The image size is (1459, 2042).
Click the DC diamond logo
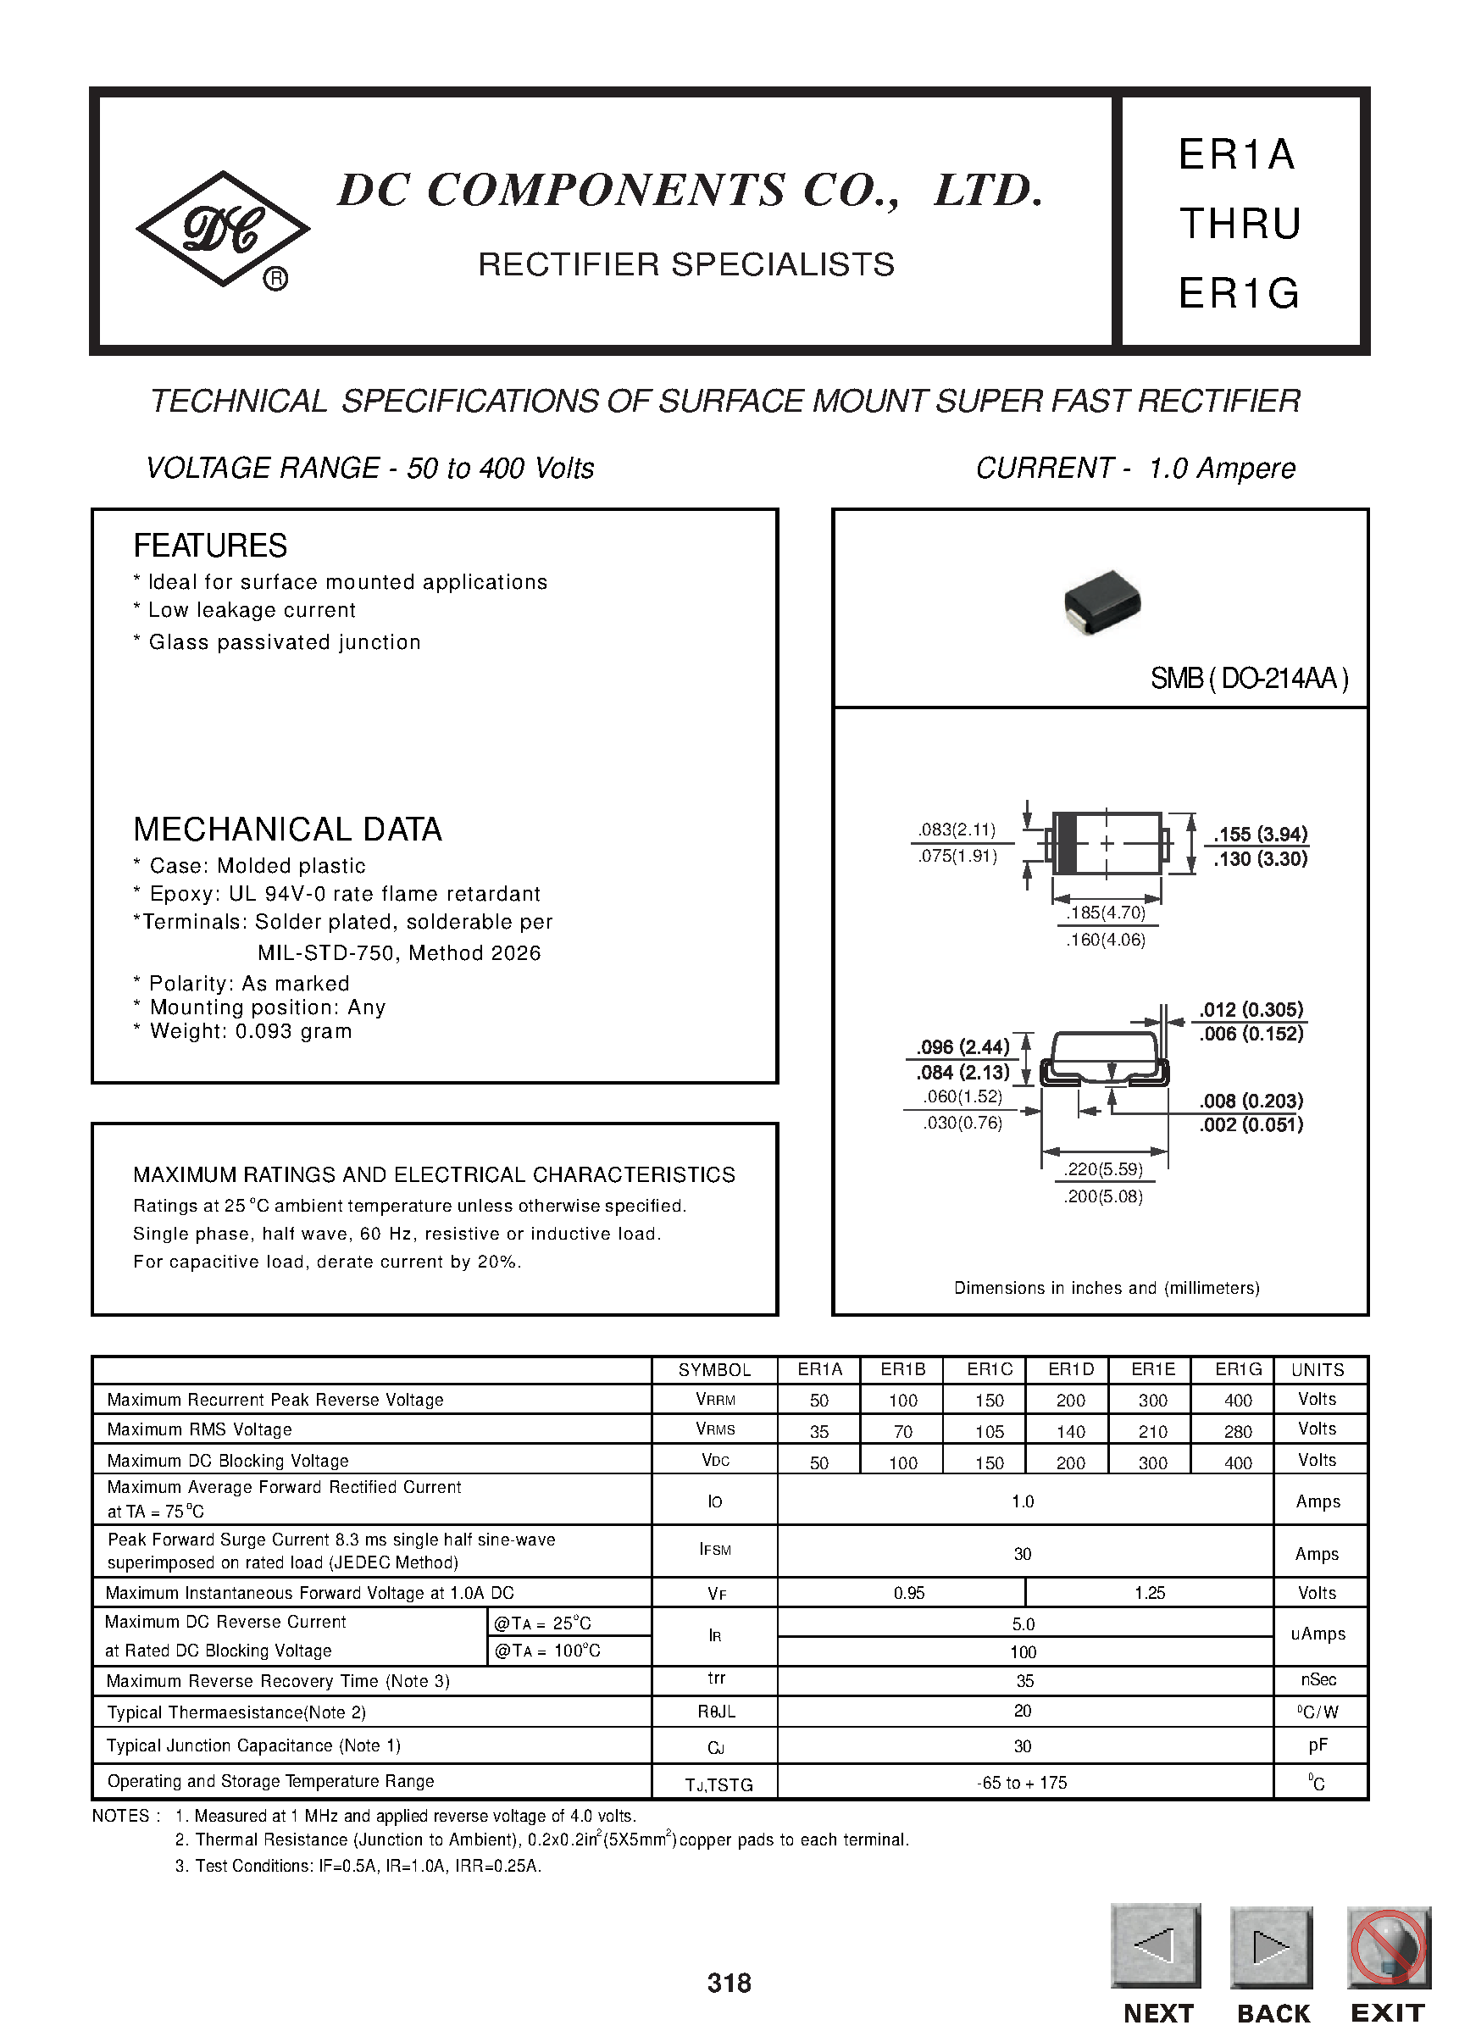222,229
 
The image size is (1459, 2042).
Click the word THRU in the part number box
1240,224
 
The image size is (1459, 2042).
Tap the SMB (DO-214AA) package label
1249,679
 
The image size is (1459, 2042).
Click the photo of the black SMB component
1102,602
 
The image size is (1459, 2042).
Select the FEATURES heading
210,546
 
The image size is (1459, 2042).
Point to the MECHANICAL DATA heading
287,830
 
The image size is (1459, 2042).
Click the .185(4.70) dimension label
1106,913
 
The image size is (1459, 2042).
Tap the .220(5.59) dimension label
1103,1169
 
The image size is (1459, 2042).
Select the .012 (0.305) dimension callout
1251,1009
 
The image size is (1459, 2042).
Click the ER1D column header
1071,1369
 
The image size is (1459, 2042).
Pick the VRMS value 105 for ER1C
989,1431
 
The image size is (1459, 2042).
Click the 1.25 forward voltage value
1149,1593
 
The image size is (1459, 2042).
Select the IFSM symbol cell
715,1550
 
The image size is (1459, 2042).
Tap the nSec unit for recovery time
1318,1679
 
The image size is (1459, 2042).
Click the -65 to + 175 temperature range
1023,1783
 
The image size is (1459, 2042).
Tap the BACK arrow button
1271,1946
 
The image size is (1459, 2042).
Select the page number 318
729,1983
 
